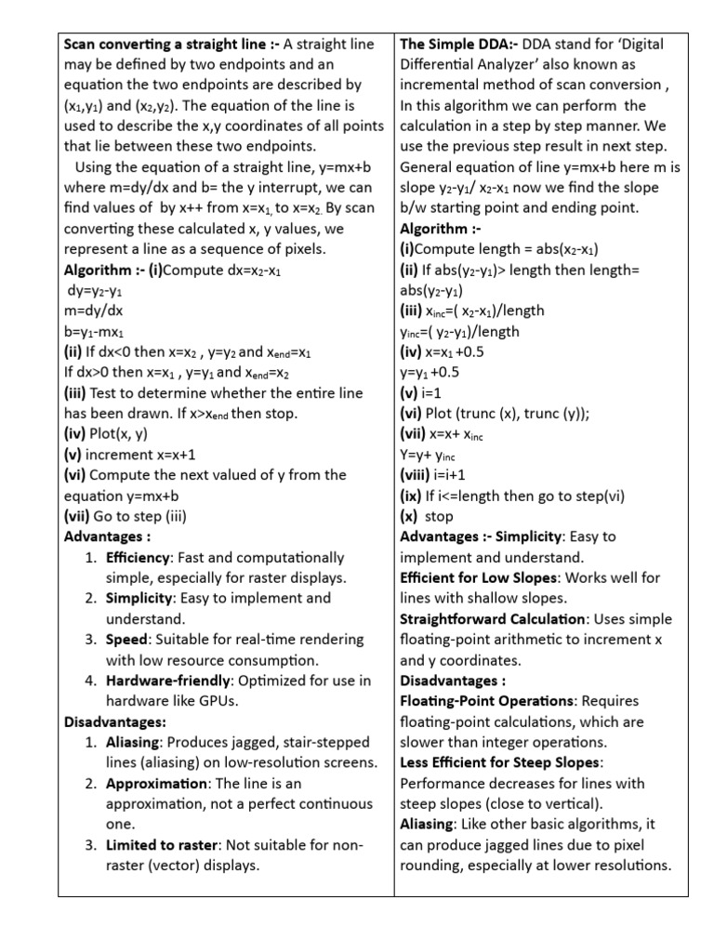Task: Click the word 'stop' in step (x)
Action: (439, 516)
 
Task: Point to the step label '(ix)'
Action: (411, 496)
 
